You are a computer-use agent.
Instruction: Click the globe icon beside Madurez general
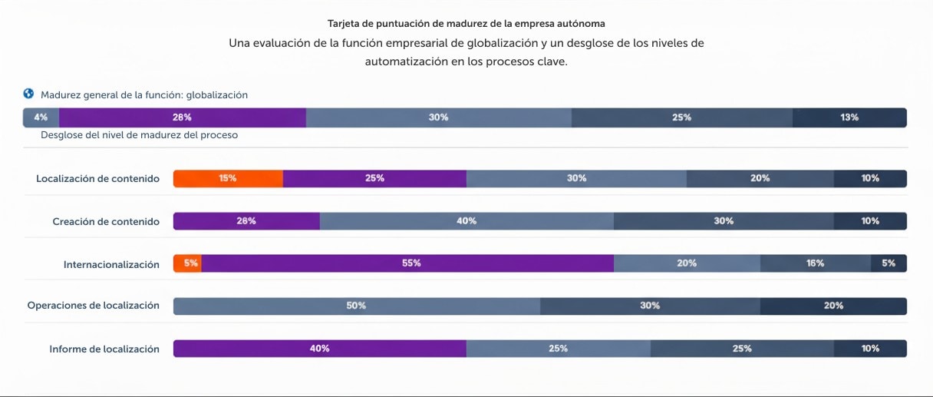tap(29, 94)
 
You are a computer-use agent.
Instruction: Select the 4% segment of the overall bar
tap(41, 117)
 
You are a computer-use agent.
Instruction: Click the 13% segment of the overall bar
tap(849, 117)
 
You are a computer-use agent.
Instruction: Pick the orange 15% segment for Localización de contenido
tap(228, 178)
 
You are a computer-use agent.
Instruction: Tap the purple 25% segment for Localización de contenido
tap(374, 178)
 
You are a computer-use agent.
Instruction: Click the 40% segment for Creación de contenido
tap(466, 221)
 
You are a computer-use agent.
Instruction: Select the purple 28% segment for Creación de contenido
tap(246, 221)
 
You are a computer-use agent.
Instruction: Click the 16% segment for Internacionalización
tap(815, 263)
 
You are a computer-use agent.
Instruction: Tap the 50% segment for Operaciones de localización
tap(356, 306)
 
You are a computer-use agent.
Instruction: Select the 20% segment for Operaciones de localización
tap(833, 306)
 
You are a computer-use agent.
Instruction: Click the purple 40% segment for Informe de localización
tap(320, 349)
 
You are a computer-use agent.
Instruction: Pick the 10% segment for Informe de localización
tap(870, 349)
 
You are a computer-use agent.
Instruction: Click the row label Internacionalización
tap(111, 265)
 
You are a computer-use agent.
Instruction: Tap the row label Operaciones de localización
tap(94, 306)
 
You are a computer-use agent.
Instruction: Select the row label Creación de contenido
tap(106, 222)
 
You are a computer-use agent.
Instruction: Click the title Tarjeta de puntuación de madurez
tap(466, 24)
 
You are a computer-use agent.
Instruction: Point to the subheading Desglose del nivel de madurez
tap(139, 135)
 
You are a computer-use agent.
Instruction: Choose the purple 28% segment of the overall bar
tap(182, 117)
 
